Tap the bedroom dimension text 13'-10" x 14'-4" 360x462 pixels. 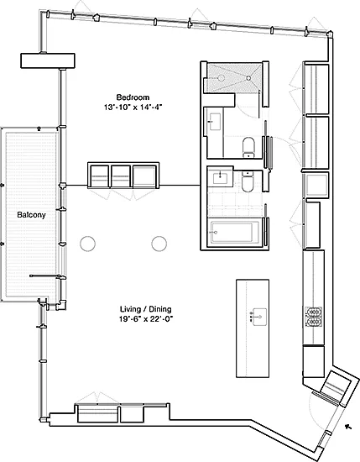coord(133,108)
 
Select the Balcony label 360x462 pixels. coord(32,215)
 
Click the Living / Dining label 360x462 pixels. coord(146,309)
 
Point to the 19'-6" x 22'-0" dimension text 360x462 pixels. coord(146,319)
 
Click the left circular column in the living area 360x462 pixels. coord(88,244)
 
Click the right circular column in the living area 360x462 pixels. coord(159,244)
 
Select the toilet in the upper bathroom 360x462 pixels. coord(248,147)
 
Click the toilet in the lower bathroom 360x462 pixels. coord(248,181)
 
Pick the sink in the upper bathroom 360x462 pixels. coord(215,122)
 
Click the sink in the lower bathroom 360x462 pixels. coord(221,178)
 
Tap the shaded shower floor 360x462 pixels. coord(234,77)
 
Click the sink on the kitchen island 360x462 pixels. coord(258,317)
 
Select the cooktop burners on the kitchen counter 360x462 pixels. coord(314,317)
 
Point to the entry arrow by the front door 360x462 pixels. coord(348,427)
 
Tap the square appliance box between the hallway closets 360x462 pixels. coord(317,185)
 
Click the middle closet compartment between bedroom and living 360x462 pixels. coord(121,176)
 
